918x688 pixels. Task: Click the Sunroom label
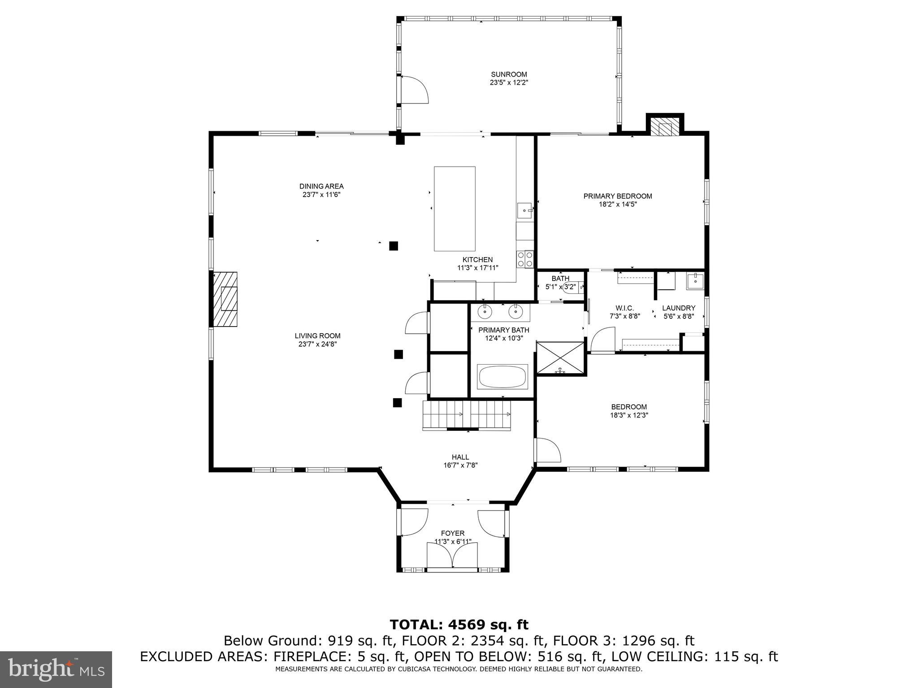(508, 74)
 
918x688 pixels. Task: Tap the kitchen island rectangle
(455, 209)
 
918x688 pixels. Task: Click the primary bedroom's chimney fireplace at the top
(665, 127)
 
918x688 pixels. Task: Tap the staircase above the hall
(467, 415)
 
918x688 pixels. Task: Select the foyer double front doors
(452, 555)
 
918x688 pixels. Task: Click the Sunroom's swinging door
(415, 90)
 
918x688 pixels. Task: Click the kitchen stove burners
(525, 258)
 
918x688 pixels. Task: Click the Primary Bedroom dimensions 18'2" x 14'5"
(618, 204)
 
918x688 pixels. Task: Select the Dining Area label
(321, 186)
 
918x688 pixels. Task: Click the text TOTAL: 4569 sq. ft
(459, 624)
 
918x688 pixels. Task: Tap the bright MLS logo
(56, 669)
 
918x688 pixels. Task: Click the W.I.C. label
(624, 308)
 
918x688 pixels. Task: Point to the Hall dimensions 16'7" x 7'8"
(460, 465)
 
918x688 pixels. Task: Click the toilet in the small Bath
(570, 287)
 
